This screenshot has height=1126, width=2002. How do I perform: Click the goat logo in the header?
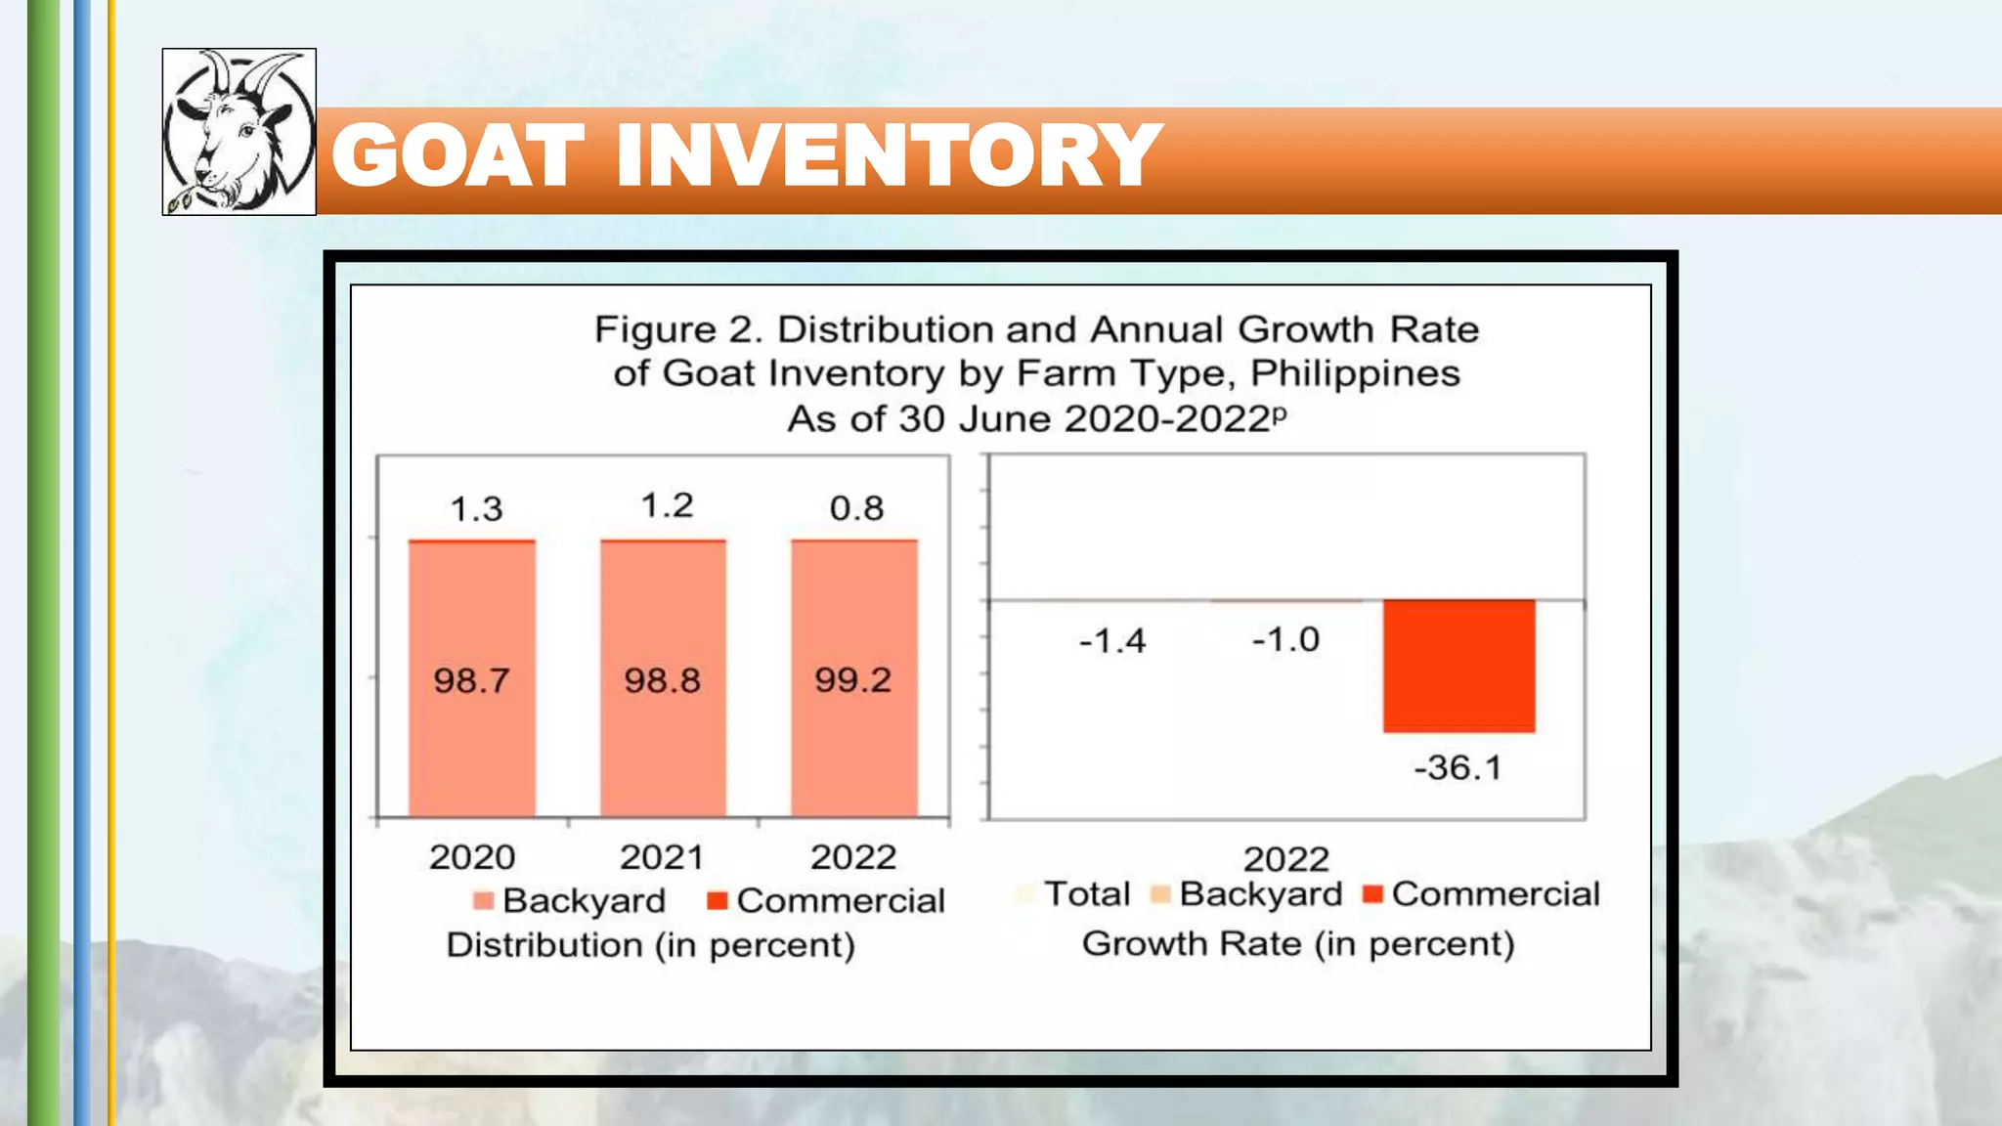point(239,132)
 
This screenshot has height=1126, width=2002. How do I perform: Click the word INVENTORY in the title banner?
point(889,156)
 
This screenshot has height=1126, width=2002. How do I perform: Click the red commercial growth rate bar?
point(1458,666)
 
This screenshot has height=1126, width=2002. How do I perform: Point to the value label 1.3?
point(476,509)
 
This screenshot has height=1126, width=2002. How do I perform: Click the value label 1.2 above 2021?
point(667,505)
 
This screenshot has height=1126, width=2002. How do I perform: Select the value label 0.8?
point(856,508)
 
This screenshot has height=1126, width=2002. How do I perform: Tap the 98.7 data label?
point(472,680)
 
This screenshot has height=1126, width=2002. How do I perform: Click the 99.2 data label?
point(853,680)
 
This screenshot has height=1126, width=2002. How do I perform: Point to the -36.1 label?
point(1458,768)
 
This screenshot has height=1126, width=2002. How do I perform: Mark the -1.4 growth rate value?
point(1112,641)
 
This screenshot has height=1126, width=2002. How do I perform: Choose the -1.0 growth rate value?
point(1285,640)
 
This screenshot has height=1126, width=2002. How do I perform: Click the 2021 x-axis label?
point(662,857)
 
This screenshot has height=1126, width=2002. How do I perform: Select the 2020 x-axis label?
point(472,857)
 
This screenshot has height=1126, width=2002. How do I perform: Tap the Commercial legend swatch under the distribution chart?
point(718,900)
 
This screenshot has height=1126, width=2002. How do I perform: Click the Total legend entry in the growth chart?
point(1086,894)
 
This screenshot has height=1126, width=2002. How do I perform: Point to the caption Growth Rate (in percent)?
point(1298,944)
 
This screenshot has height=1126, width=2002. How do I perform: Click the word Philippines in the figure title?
point(1355,374)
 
